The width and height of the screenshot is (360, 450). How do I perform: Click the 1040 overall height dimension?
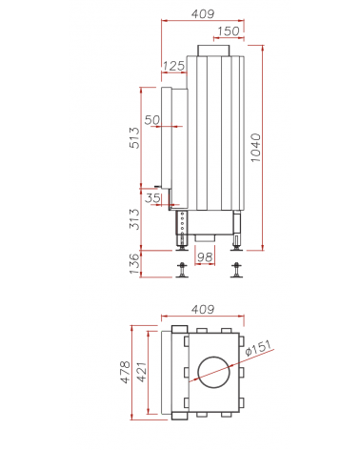pyautogui.click(x=255, y=148)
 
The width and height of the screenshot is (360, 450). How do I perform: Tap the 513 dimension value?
pyautogui.click(x=134, y=137)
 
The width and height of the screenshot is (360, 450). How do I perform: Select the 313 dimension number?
pyautogui.click(x=134, y=219)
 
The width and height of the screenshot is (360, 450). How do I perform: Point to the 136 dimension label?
pyautogui.click(x=134, y=264)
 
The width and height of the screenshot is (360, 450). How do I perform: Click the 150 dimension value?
pyautogui.click(x=229, y=31)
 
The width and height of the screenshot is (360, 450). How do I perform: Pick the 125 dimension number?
pyautogui.click(x=173, y=66)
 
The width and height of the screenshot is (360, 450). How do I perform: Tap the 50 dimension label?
pyautogui.click(x=152, y=120)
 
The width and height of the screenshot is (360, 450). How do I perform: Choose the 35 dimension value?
pyautogui.click(x=152, y=198)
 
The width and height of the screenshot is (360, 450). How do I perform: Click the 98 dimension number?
pyautogui.click(x=205, y=257)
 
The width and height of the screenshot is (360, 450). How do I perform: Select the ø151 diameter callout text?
pyautogui.click(x=259, y=348)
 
